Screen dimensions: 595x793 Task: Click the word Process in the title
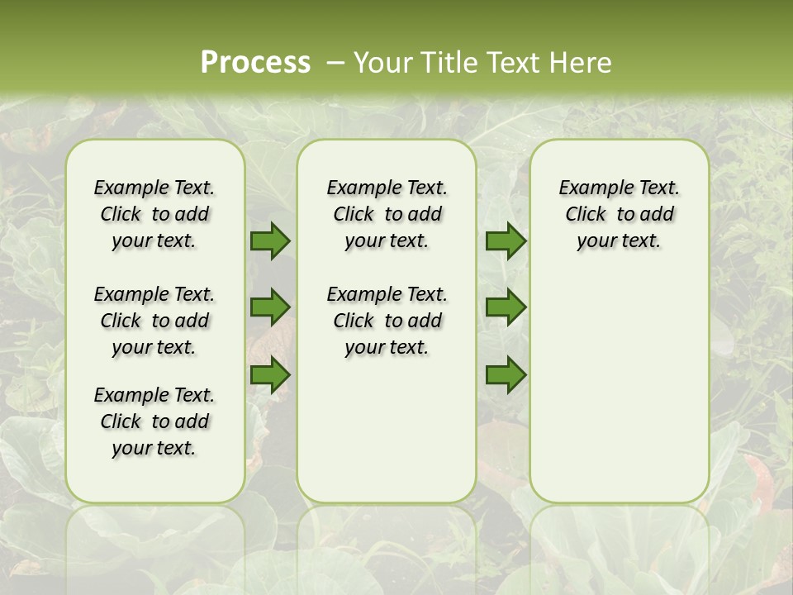coord(255,63)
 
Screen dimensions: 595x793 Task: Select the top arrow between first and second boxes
coord(270,241)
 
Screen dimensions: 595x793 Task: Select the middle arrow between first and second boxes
coord(270,308)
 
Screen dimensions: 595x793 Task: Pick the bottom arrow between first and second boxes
coord(270,375)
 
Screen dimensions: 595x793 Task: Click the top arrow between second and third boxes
coord(506,241)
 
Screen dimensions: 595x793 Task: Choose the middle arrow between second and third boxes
coord(506,308)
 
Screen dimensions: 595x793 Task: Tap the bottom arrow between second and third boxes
coord(506,375)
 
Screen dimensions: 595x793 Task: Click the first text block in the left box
coord(154,214)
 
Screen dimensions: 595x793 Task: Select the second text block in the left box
coord(154,321)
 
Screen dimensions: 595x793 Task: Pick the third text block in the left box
coord(154,421)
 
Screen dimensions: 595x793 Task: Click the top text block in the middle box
coord(387,214)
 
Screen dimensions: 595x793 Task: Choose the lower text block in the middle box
coord(387,321)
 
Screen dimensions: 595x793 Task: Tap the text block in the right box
coord(619,214)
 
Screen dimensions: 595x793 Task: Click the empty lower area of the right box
coord(619,388)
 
